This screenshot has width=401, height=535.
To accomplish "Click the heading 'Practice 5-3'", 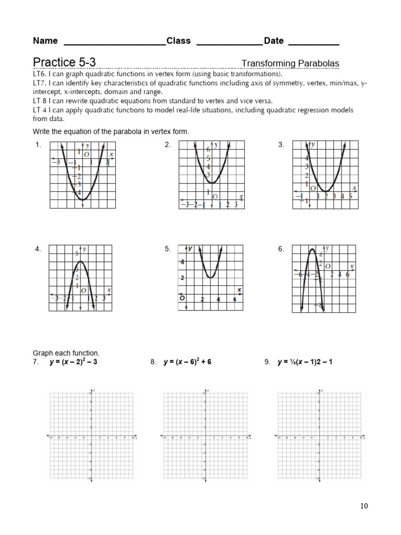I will (x=64, y=63).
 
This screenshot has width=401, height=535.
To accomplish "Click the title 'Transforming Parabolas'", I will (x=290, y=64).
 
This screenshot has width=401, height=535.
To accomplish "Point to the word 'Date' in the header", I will (x=274, y=41).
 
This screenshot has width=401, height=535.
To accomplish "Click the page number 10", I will (x=364, y=506).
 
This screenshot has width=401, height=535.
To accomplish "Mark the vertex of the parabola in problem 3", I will (x=326, y=191).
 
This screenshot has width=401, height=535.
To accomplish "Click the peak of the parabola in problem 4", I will (x=80, y=261).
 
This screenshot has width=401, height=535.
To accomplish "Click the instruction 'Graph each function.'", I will (x=66, y=353).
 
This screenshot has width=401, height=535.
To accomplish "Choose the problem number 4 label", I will (x=38, y=250).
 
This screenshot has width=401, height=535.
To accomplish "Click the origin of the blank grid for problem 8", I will (x=206, y=436).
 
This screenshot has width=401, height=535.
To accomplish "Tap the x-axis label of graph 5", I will (x=239, y=289).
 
